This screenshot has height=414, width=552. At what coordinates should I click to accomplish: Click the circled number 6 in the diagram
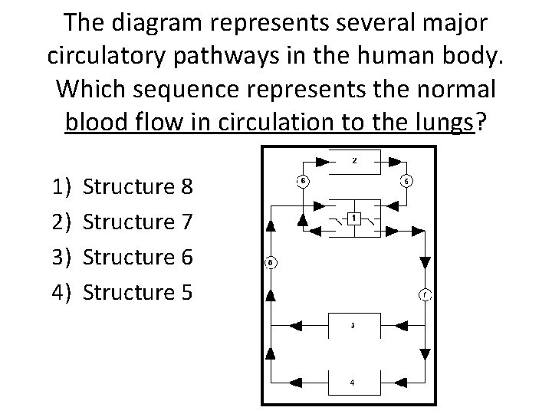303,181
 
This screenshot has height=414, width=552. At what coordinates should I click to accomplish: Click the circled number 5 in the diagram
406,181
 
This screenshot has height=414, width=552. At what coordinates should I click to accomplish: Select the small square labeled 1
353,218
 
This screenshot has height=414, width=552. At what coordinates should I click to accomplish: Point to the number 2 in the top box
353,161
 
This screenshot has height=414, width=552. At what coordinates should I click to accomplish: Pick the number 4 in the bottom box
353,382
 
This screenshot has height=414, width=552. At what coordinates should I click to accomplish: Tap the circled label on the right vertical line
425,294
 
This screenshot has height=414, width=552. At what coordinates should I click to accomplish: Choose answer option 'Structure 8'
138,186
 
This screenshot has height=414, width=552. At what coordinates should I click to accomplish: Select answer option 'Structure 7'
138,222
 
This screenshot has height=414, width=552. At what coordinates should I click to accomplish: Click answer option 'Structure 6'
138,257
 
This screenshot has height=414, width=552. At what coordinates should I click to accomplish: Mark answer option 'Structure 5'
138,292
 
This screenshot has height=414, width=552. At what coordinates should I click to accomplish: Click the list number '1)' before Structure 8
61,186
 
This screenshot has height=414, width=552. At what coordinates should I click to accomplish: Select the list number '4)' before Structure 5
61,292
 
